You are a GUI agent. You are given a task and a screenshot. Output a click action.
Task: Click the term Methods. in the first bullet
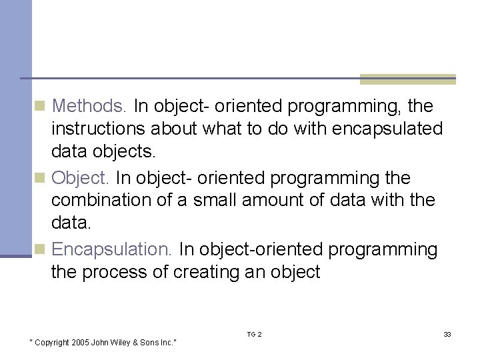[x=89, y=106]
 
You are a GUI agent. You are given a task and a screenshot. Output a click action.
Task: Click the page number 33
[x=447, y=334]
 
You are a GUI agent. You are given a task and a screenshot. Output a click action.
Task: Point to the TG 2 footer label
[x=255, y=334]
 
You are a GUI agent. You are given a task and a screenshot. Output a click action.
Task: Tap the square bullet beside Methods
[x=40, y=107]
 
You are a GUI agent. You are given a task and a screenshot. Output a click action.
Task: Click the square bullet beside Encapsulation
[x=40, y=250]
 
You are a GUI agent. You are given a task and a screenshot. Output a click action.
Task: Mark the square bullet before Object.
[x=40, y=179]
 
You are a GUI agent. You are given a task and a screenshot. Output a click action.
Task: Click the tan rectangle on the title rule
[x=407, y=79]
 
